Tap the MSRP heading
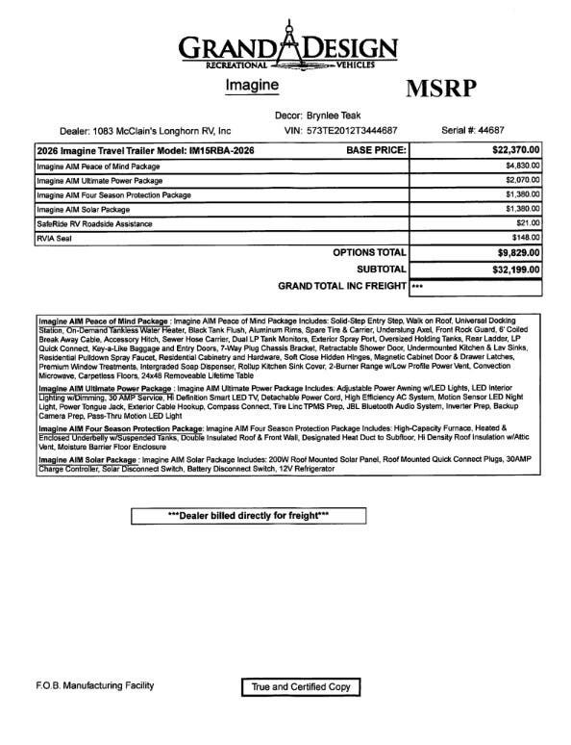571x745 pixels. [x=441, y=89]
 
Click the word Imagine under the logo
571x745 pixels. [x=252, y=85]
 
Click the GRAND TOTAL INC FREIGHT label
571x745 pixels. [x=341, y=287]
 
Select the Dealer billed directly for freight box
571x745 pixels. [x=248, y=516]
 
